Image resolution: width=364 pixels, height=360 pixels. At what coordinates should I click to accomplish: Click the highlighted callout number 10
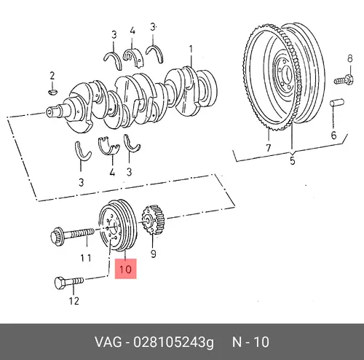click(x=125, y=269)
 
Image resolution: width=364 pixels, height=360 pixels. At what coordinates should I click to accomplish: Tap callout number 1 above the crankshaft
click(x=191, y=50)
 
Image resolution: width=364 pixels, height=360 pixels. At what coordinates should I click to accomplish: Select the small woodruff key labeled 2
click(x=53, y=92)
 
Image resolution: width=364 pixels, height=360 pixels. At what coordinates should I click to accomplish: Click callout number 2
click(x=52, y=76)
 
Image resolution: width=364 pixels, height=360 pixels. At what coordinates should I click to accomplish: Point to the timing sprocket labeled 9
click(x=153, y=219)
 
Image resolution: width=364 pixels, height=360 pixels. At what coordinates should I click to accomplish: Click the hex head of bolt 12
click(x=60, y=283)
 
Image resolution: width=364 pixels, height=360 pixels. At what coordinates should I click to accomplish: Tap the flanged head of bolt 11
click(x=58, y=236)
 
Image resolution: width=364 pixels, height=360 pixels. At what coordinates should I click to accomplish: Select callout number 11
click(x=86, y=258)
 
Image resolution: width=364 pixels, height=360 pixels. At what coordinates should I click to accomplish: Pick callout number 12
click(x=74, y=301)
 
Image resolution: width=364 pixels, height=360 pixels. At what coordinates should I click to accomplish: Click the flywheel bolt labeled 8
click(x=344, y=80)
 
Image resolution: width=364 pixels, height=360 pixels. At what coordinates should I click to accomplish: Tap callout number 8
click(x=349, y=58)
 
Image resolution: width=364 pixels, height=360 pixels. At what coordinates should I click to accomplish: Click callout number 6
click(x=334, y=135)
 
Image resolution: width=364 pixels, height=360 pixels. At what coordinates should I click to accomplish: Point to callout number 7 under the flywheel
click(x=268, y=148)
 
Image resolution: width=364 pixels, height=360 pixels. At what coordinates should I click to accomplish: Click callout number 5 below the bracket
click(x=293, y=161)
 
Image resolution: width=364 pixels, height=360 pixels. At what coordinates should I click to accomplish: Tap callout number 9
click(x=154, y=254)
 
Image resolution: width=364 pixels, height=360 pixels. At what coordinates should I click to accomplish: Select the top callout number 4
click(x=132, y=31)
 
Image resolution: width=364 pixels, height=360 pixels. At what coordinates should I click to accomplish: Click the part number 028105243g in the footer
click(x=174, y=343)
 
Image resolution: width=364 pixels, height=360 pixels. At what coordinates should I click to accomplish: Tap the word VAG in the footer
click(x=108, y=342)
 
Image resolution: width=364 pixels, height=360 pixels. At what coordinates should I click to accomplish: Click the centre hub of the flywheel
click(x=284, y=73)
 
